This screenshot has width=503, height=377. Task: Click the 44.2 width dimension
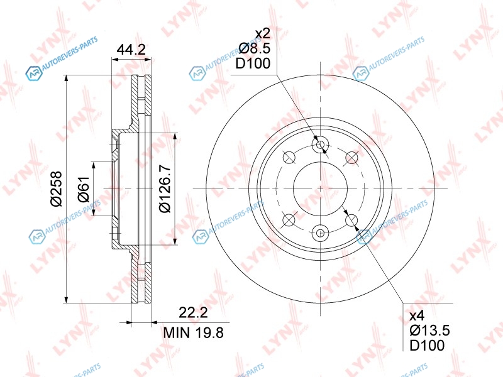click(x=131, y=50)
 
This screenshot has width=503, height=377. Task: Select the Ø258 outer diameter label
click(x=56, y=189)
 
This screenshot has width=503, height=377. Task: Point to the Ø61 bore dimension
click(x=84, y=189)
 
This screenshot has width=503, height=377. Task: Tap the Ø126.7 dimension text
click(x=165, y=189)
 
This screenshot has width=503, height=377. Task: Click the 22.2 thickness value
click(x=193, y=312)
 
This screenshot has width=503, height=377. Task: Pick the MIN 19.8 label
click(x=193, y=333)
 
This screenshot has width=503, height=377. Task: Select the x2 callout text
click(x=262, y=34)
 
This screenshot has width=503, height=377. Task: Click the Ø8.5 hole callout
click(x=255, y=48)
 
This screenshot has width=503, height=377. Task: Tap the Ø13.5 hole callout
click(x=429, y=331)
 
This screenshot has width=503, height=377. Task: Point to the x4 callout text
click(x=417, y=316)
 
